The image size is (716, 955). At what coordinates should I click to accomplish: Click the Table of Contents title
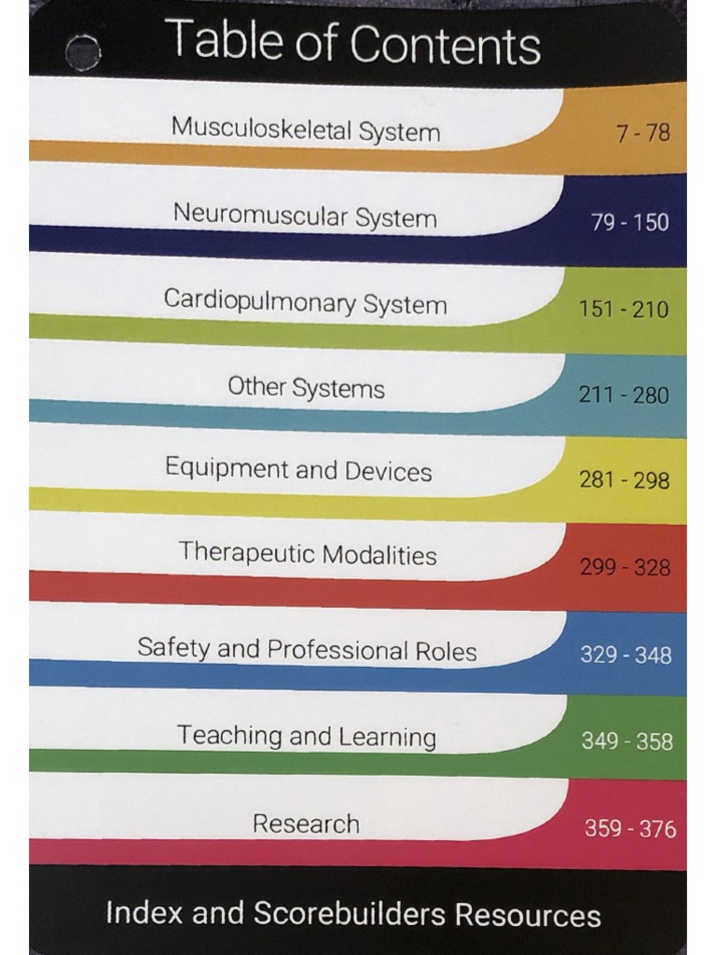tap(352, 43)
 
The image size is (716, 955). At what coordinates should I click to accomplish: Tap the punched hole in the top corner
tap(83, 51)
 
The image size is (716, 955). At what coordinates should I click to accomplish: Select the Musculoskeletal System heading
tap(305, 130)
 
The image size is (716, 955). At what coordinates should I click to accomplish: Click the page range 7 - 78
tap(642, 133)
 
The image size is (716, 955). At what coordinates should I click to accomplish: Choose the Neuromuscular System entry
tap(305, 216)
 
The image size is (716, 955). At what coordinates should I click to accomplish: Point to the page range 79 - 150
tap(630, 223)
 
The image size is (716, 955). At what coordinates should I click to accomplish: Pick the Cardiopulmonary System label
tap(305, 302)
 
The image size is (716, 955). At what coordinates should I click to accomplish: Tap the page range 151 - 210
tap(624, 310)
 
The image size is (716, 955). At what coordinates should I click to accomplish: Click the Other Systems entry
tap(306, 387)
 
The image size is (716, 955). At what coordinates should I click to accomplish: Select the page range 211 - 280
tap(624, 395)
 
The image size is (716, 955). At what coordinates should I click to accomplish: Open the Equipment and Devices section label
tap(298, 469)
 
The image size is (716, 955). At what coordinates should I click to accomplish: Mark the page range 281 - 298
tap(624, 480)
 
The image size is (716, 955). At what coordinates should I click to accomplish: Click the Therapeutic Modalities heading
tap(308, 554)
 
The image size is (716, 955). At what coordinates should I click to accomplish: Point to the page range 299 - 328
tap(625, 567)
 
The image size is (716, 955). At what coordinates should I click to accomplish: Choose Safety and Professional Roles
tap(307, 649)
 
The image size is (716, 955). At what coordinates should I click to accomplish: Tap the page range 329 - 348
tap(626, 656)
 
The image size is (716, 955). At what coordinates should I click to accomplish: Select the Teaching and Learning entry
tap(307, 736)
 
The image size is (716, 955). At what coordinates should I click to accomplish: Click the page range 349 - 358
tap(627, 741)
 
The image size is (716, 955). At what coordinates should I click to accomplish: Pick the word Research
tap(306, 824)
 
